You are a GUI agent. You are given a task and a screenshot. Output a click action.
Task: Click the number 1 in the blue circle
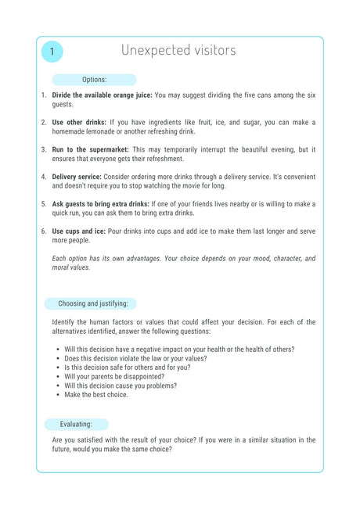point(52,52)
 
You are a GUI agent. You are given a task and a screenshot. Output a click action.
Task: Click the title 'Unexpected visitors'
point(178,50)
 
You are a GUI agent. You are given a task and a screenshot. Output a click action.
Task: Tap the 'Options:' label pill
point(94,80)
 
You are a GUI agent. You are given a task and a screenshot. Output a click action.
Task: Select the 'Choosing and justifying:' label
point(91,303)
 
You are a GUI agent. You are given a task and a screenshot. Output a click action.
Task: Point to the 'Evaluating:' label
point(76,424)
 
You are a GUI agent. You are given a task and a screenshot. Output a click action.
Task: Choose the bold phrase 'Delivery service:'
point(77,177)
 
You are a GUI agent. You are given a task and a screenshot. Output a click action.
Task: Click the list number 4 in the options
point(44,177)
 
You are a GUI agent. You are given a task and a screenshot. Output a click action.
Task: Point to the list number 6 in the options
point(44,231)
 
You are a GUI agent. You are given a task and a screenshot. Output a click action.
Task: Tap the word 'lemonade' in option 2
point(103,131)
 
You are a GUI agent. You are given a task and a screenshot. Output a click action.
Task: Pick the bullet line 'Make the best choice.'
point(96,395)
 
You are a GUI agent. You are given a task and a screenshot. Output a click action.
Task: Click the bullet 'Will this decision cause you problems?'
point(121,385)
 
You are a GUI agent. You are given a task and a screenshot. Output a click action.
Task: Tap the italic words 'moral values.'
point(71,267)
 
